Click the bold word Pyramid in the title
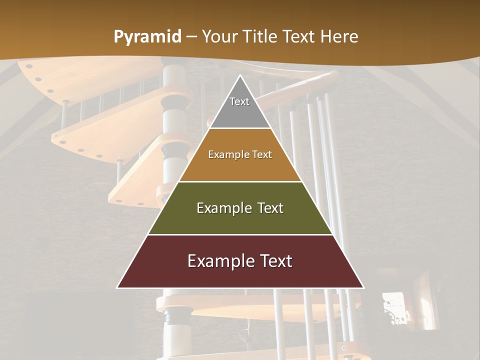tap(147, 37)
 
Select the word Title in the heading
tap(261, 36)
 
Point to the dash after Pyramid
tap(191, 37)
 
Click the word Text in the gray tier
tap(239, 101)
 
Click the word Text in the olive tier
tap(266, 208)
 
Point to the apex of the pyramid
tap(240, 76)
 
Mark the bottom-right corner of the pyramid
tap(363, 287)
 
